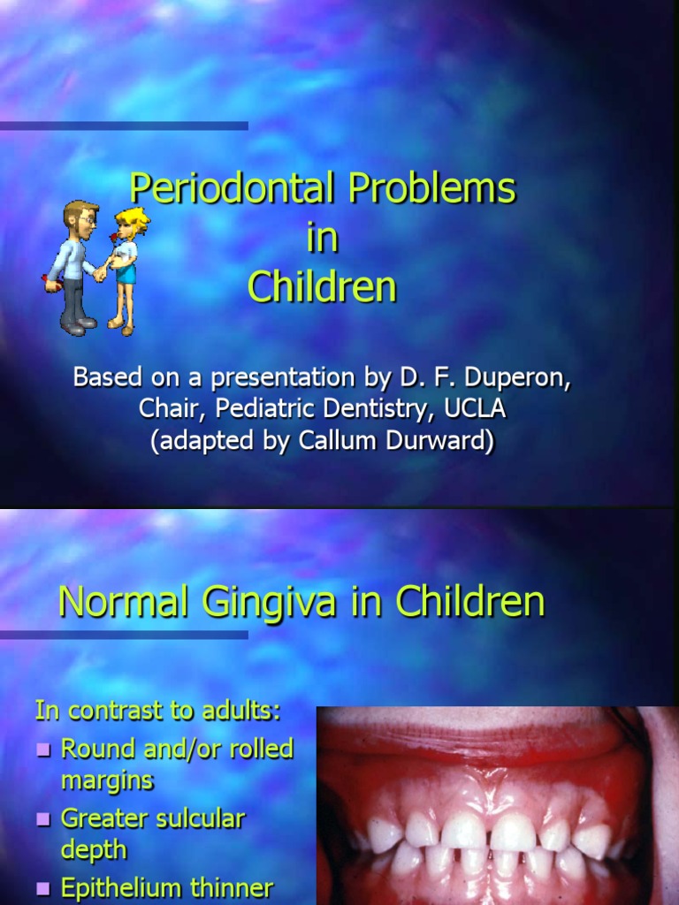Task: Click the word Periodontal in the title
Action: tap(233, 188)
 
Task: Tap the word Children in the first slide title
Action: tap(322, 287)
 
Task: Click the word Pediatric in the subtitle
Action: tap(252, 409)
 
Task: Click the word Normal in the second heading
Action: tap(122, 603)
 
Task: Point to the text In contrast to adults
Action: tap(157, 710)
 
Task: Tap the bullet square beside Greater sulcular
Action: tap(44, 819)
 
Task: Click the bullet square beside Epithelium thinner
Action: tap(44, 888)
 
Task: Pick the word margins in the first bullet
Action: tap(106, 780)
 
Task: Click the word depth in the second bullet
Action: tap(94, 849)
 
